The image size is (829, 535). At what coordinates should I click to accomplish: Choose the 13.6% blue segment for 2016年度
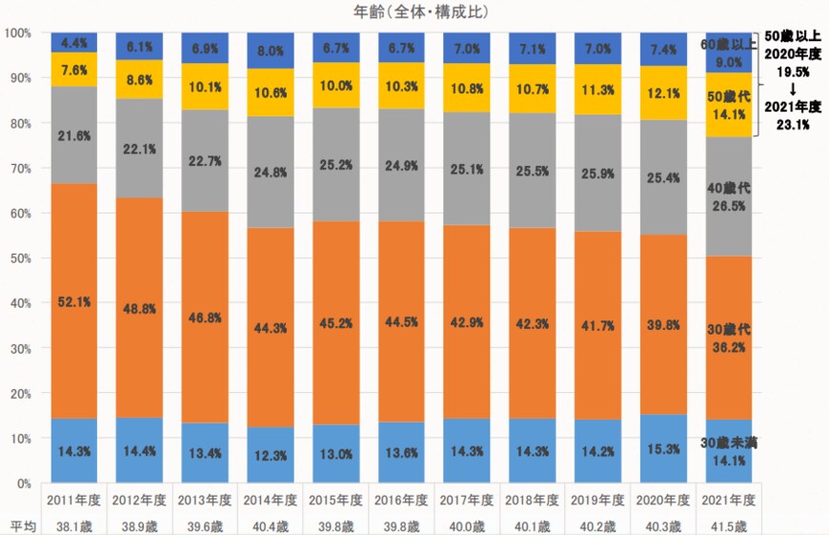coord(402,453)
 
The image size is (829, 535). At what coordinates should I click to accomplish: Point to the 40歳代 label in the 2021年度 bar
coord(730,189)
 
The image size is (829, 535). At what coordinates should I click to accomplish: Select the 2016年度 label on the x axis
coord(402,500)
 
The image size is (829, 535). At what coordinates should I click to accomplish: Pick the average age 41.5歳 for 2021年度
coord(730,525)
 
